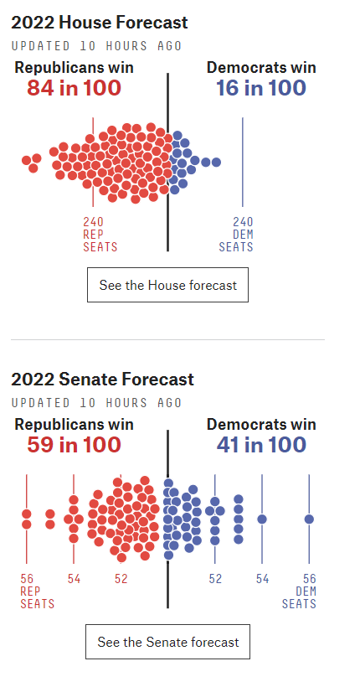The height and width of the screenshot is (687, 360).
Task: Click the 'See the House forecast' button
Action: tap(167, 285)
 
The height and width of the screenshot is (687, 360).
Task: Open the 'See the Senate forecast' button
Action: tap(167, 642)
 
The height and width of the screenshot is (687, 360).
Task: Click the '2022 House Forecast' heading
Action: tap(100, 23)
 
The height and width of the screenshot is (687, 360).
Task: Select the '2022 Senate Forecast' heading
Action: tap(102, 380)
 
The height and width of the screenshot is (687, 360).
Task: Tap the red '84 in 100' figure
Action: tap(74, 88)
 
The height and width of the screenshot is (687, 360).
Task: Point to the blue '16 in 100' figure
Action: tap(261, 88)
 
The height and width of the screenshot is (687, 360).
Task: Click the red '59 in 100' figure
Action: tap(74, 445)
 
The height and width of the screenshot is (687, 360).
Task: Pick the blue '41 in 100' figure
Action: tap(261, 445)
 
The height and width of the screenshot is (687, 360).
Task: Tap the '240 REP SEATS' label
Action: tap(100, 235)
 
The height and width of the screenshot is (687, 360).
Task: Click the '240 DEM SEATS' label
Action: tap(236, 235)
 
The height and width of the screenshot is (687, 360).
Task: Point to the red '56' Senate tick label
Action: tap(27, 579)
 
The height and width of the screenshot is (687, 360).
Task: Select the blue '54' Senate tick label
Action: tap(262, 579)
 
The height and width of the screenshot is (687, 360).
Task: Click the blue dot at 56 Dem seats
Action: tap(309, 519)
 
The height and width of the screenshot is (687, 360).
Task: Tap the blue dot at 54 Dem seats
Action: tap(262, 519)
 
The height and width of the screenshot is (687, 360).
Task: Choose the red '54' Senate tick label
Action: tap(74, 579)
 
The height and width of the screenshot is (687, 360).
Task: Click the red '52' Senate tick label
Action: tap(121, 579)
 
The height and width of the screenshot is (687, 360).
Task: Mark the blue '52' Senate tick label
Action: tap(215, 579)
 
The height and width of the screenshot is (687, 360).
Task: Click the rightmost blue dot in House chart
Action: tap(216, 162)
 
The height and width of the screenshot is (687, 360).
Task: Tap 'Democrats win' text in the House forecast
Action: tap(261, 68)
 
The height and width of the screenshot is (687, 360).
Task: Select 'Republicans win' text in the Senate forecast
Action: tap(74, 425)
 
